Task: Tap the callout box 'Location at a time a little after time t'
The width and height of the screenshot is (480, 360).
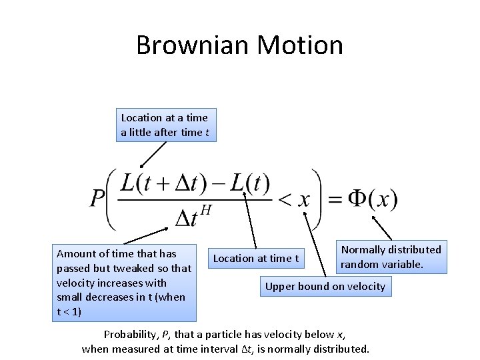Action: [165, 125]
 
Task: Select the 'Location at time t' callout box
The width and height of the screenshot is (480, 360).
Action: [256, 258]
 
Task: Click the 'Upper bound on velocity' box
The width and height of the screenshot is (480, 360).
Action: [325, 287]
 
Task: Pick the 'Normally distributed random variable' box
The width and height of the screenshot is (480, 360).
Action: [391, 257]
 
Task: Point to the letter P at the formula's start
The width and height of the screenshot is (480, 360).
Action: [98, 199]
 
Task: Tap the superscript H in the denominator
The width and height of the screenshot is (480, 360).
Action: [205, 210]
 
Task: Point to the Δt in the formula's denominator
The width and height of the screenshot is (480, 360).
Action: [185, 217]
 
